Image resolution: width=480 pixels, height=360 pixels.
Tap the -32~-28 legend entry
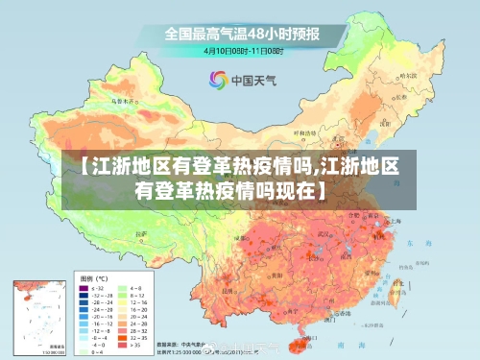[x=92, y=297]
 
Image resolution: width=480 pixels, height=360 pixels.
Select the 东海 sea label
[x=413, y=245]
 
